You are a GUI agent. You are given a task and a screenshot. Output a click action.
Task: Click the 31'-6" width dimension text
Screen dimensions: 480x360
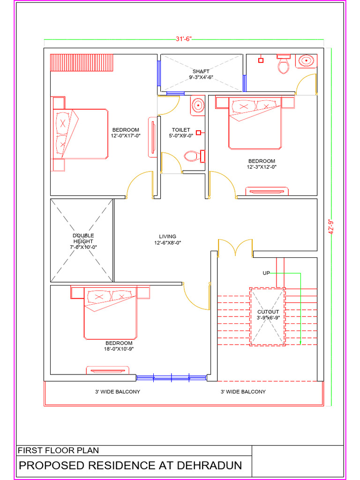[x=184, y=39]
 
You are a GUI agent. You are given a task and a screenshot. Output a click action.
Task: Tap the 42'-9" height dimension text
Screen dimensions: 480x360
[x=330, y=227]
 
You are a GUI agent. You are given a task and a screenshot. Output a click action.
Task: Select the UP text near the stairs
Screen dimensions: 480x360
[x=266, y=273]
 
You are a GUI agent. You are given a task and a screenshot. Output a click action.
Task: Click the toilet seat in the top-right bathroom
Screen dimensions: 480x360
[x=283, y=65]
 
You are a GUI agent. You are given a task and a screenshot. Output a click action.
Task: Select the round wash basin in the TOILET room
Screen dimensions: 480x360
[x=198, y=105]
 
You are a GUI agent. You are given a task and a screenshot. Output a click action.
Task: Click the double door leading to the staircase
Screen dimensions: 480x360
[x=235, y=247]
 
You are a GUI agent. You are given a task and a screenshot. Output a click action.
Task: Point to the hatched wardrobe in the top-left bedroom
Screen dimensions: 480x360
[x=82, y=62]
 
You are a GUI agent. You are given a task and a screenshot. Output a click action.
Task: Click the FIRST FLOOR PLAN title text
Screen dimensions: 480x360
[x=58, y=450]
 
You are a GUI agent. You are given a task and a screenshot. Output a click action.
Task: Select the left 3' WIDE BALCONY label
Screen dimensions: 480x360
[x=117, y=391]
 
